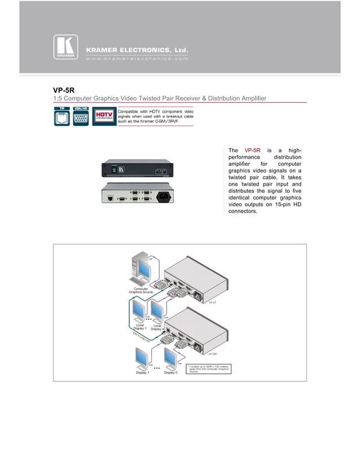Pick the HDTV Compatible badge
[x=104, y=117]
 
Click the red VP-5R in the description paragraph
[x=252, y=150]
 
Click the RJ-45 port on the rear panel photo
[x=107, y=199]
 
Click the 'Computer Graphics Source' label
[x=141, y=290]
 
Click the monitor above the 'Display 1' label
[x=141, y=357]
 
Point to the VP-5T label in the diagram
[x=213, y=302]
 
